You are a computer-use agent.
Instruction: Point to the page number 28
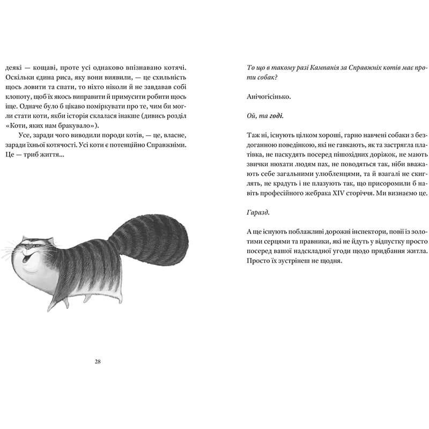click(97, 361)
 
